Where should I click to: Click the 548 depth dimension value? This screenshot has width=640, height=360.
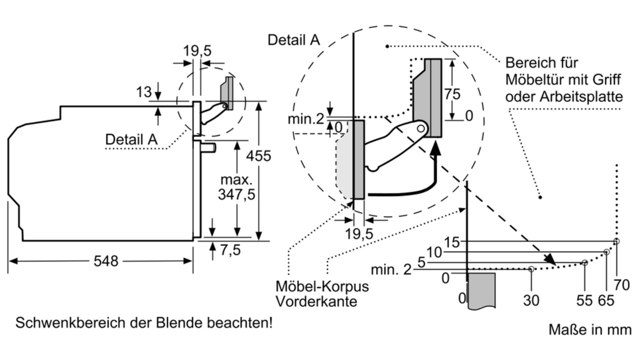tap(106, 261)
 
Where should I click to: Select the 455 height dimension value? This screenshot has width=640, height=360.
tap(258, 156)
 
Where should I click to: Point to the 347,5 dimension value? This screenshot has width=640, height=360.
tap(236, 194)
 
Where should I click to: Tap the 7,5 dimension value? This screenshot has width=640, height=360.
tap(230, 250)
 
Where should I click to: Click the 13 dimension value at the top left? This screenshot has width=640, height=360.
tap(144, 92)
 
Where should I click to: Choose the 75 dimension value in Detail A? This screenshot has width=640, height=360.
tap(452, 94)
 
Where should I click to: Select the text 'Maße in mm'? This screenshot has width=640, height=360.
tap(590, 330)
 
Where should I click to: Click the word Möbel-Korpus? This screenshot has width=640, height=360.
tap(322, 286)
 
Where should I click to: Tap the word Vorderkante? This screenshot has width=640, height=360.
tap(316, 301)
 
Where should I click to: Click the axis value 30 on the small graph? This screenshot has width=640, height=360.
tap(531, 300)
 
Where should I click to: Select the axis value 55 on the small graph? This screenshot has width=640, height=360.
tap(584, 300)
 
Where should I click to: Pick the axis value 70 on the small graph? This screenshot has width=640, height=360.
tap(622, 285)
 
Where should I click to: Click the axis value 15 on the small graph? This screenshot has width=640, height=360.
tap(452, 242)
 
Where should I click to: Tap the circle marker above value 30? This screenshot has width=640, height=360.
tap(531, 269)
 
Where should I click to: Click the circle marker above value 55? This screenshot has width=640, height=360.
tap(585, 262)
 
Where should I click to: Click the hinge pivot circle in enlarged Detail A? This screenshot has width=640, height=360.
tap(421, 128)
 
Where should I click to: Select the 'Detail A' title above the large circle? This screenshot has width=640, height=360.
tap(294, 40)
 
